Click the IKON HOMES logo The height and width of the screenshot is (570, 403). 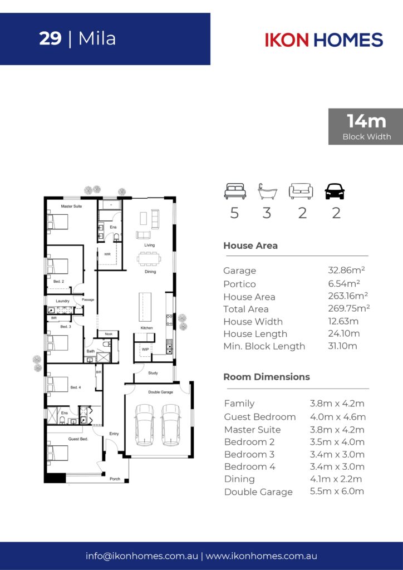(324, 40)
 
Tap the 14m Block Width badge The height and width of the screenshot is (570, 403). (366, 126)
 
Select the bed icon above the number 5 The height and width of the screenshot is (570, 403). (235, 191)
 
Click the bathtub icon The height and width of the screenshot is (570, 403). (267, 191)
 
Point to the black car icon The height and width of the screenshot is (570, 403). (335, 191)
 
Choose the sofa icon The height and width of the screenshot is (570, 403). (301, 191)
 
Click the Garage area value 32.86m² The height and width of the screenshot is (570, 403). (346, 270)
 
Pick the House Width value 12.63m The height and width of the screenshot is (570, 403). (343, 321)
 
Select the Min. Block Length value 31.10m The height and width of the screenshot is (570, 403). (342, 346)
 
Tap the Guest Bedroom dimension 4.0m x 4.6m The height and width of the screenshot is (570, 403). (337, 416)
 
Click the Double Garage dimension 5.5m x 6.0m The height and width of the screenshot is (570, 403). (337, 491)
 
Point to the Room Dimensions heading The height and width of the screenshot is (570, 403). (267, 377)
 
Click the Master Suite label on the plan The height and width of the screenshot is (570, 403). (71, 206)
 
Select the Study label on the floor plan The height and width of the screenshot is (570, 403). (153, 373)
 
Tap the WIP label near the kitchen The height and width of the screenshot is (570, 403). (145, 350)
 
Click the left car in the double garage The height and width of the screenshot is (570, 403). (144, 425)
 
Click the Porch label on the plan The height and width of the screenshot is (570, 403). (115, 479)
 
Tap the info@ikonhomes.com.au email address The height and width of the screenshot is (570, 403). (142, 556)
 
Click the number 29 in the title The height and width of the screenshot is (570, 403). (50, 38)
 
